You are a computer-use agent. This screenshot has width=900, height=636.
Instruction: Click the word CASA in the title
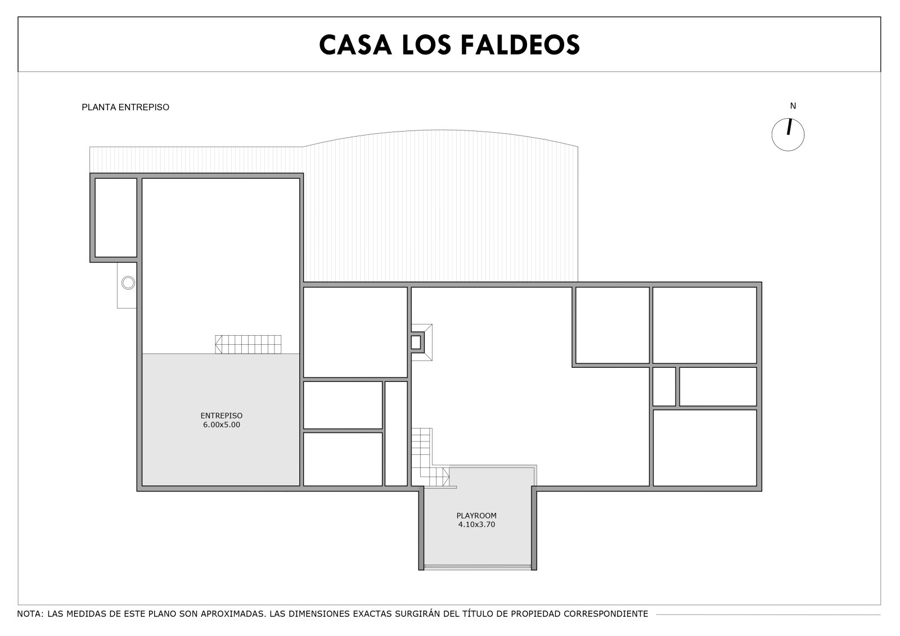tap(355, 44)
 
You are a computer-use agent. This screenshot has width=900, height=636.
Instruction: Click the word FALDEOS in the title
tap(520, 44)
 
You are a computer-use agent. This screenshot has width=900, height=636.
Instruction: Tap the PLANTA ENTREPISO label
tap(125, 107)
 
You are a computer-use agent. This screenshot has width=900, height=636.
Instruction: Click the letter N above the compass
tap(793, 106)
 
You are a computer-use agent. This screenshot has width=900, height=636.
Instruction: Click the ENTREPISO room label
tap(222, 416)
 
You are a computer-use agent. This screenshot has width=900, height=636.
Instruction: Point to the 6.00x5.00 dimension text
tap(222, 425)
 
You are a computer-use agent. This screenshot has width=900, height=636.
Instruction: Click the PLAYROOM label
tap(476, 516)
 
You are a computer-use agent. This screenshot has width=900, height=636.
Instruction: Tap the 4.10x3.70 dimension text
tap(476, 524)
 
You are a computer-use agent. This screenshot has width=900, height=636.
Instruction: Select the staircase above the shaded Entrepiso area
tap(248, 344)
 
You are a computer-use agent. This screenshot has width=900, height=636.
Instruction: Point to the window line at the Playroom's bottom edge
tap(478, 567)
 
